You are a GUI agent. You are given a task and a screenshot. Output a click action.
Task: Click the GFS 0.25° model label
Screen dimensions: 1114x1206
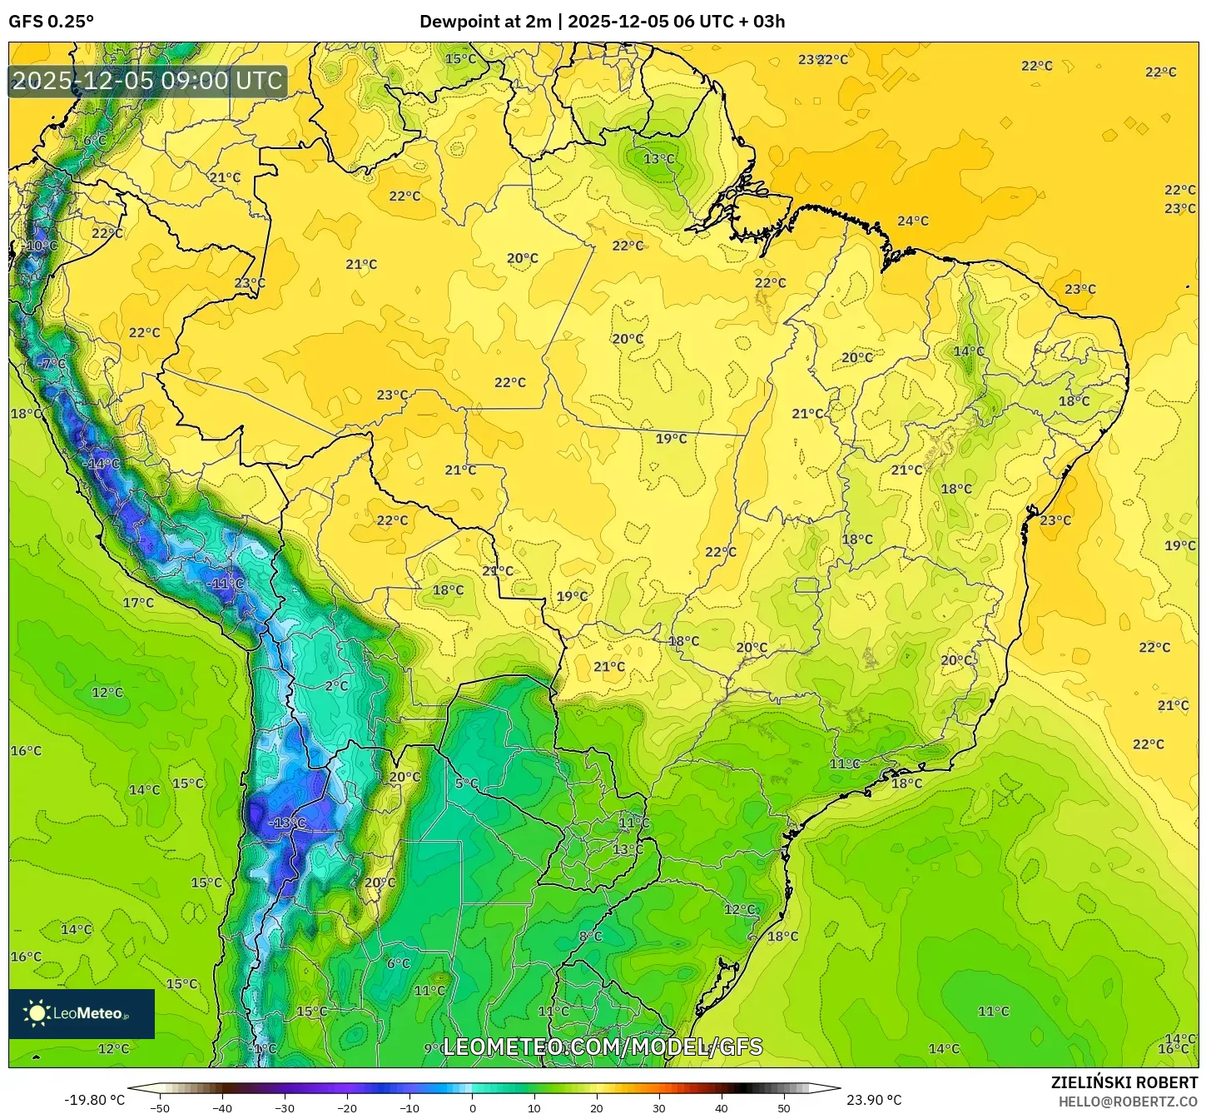click(52, 22)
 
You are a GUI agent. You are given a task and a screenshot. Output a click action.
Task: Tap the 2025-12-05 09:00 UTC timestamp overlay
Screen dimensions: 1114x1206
click(148, 81)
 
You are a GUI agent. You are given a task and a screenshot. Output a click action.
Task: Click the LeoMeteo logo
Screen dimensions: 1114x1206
click(82, 1013)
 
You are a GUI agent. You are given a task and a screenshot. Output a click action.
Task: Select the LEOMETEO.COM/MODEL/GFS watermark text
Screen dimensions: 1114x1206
click(603, 1047)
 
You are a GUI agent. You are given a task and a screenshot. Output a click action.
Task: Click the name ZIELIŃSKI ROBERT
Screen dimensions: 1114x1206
click(1124, 1082)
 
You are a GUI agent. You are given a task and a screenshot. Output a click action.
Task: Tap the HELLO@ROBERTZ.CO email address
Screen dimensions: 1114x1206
click(1128, 1102)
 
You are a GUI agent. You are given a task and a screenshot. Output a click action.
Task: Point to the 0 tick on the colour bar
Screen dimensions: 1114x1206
click(472, 1107)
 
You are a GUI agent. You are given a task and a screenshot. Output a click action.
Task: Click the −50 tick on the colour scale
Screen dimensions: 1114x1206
click(160, 1107)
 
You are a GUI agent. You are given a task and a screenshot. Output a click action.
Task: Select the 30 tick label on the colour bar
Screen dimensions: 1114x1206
click(659, 1107)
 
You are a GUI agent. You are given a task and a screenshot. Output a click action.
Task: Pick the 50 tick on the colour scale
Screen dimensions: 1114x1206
click(784, 1107)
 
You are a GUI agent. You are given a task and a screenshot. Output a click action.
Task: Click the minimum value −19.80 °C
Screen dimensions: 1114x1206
click(94, 1100)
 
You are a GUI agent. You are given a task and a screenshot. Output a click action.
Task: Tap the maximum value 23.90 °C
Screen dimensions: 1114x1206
click(874, 1100)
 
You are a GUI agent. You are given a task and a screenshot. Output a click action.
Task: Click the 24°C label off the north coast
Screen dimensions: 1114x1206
click(912, 221)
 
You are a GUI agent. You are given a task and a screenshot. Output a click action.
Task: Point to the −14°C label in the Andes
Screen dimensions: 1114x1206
click(101, 464)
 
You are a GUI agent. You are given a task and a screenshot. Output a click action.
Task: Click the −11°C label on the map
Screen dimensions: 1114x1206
click(225, 584)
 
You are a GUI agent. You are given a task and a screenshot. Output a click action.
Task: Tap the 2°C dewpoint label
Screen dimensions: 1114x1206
click(336, 686)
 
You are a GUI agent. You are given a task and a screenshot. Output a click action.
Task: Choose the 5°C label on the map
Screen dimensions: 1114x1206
click(466, 783)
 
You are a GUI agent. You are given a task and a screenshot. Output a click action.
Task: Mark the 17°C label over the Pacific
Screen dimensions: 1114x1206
click(138, 603)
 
